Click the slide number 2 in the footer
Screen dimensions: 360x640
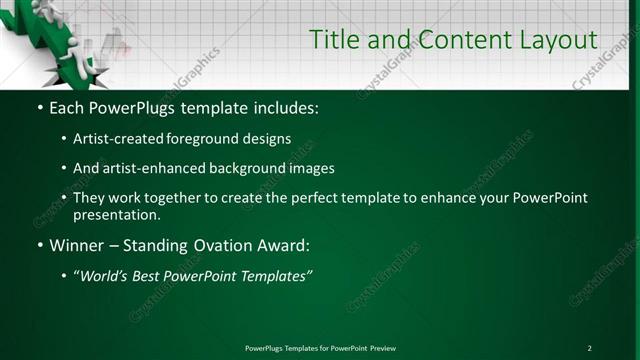point(589,348)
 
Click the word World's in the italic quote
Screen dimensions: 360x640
point(105,275)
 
